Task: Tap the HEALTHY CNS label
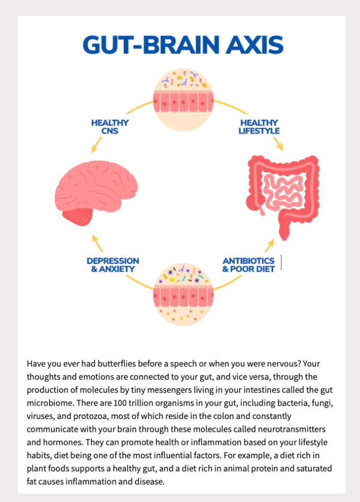110,127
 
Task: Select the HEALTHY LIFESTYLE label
259,127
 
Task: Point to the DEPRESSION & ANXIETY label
113,265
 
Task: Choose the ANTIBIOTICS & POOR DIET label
248,265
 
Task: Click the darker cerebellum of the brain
79,216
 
